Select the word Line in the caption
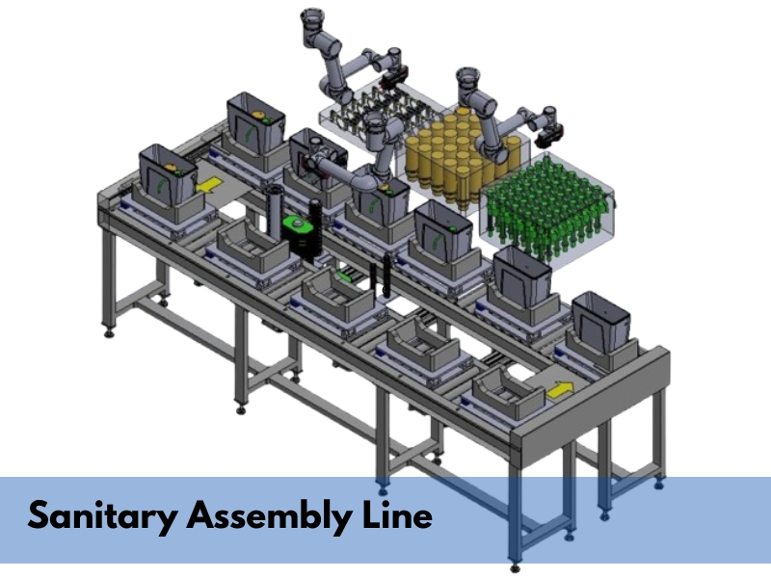pos(397,514)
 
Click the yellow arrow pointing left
pos(209,186)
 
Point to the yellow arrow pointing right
pos(560,390)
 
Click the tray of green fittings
pos(546,209)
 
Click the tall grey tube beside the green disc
pos(273,214)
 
